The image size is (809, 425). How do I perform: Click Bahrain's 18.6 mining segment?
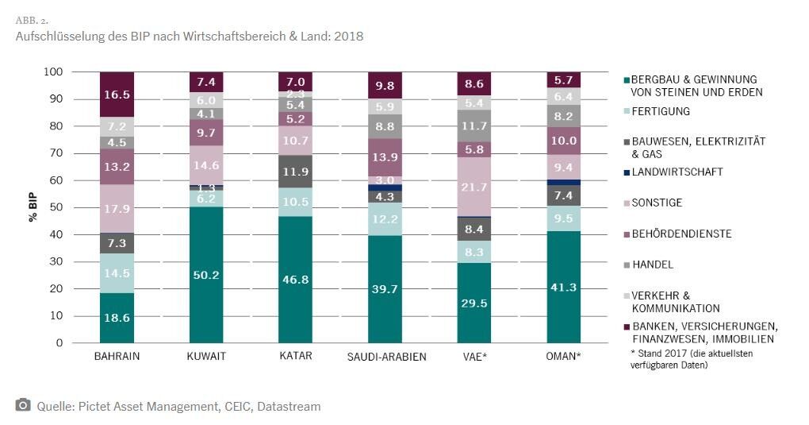point(117,317)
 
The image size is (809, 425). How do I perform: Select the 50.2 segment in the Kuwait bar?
point(206,275)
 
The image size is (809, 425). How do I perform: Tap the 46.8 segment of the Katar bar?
point(295,280)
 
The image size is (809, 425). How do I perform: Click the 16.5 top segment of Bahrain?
point(117,94)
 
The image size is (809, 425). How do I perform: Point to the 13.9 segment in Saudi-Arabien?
point(385,157)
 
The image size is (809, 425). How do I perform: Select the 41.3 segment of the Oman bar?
point(564,287)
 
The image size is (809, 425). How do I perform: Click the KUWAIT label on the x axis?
point(206,357)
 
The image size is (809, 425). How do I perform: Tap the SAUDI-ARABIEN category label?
point(386,357)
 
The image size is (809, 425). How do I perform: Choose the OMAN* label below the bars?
point(564,357)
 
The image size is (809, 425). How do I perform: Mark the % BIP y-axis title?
point(33,207)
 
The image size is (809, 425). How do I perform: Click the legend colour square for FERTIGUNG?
point(627,112)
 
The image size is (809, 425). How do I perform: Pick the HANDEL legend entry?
point(652,265)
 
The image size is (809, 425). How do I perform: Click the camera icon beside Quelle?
point(23,405)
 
